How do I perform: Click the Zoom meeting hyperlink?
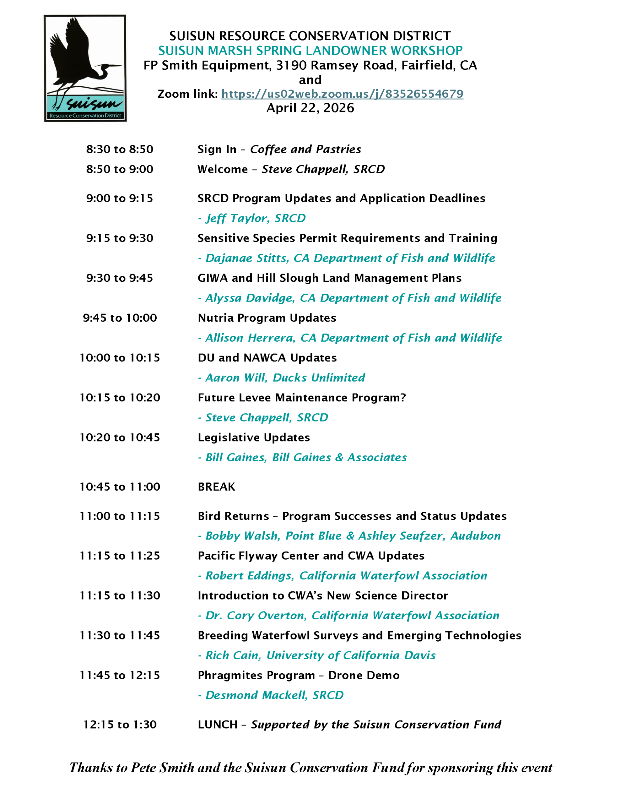click(x=342, y=94)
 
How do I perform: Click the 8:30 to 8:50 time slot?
click(x=120, y=149)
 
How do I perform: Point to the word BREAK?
click(x=216, y=487)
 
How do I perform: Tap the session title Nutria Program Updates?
click(x=267, y=318)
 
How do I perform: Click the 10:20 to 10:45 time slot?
click(x=120, y=437)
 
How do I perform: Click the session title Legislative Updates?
click(x=254, y=437)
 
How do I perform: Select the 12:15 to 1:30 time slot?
click(x=120, y=725)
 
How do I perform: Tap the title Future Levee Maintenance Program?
click(x=301, y=398)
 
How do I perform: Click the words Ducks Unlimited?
click(x=319, y=378)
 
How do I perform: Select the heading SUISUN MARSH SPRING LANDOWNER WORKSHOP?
click(x=310, y=51)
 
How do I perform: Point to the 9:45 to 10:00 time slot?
click(x=120, y=318)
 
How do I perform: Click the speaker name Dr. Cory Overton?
click(x=256, y=616)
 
